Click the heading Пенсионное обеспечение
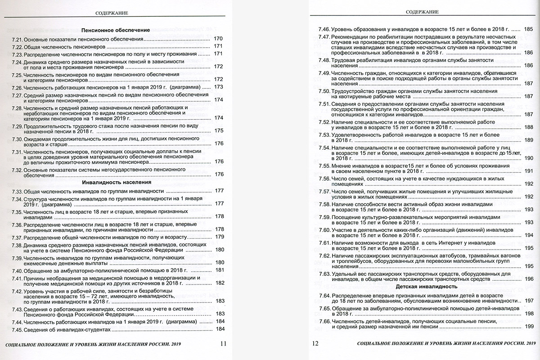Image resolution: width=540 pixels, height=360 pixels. coord(115,30)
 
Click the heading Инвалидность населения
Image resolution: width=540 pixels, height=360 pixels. coord(116,183)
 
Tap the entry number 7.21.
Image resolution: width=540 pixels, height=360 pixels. coord(17,39)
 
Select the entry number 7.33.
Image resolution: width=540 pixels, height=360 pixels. coord(17,191)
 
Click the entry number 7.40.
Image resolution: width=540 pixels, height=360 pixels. coord(17,271)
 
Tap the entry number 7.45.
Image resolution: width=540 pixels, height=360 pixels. coord(17,329)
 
